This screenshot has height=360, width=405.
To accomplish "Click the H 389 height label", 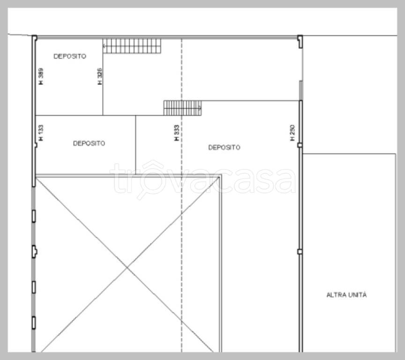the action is (41, 76).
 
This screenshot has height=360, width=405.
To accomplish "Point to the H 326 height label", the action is (100, 76).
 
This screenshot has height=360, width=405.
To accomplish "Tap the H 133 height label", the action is (41, 133).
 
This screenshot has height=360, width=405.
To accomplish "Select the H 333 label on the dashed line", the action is (176, 133).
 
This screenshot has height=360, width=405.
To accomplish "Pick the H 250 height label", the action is (292, 133).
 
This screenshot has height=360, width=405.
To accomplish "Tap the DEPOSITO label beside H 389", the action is (70, 56).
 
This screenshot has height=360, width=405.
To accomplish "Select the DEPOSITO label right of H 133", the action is (89, 143).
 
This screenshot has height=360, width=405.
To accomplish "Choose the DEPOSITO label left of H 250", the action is (224, 148).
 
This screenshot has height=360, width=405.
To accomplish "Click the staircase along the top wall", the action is (132, 46).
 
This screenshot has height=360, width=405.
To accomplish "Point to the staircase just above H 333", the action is (183, 108).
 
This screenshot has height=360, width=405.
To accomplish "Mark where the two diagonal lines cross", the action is (127, 268).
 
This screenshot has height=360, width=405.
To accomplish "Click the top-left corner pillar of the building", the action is (35, 38).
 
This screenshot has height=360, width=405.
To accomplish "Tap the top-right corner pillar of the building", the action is (300, 42).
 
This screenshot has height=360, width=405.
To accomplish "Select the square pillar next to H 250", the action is (300, 145).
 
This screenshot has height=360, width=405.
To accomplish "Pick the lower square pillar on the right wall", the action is (300, 252).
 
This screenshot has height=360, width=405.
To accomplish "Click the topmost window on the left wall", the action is (34, 216).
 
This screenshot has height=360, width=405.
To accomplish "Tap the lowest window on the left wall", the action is (34, 323).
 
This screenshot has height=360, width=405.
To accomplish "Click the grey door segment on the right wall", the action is (301, 90).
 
